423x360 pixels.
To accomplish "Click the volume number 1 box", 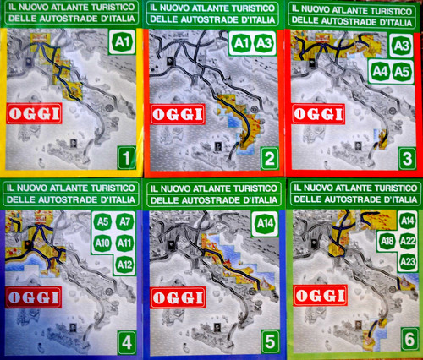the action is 127,158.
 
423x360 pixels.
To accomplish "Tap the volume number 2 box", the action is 270,158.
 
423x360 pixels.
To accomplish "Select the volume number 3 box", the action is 407,159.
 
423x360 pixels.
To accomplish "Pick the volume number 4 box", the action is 127,343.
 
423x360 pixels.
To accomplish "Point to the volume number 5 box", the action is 270,341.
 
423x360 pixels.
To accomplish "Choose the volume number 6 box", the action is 409,339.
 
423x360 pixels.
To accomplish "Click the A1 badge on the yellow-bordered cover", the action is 122,42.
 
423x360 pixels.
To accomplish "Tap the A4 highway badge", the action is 380,72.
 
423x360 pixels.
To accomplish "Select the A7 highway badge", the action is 125,222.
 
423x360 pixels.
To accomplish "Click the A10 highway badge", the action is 102,243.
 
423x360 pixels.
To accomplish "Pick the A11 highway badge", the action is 125,243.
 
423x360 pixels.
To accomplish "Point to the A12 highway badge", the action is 124,265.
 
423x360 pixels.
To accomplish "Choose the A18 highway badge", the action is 387,241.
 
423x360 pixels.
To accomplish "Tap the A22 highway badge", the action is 408,241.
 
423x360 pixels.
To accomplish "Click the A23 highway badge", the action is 408,262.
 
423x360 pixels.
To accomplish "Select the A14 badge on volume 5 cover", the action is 266,224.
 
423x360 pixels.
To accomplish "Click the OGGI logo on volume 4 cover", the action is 34,297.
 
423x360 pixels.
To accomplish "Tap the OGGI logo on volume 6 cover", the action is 321,296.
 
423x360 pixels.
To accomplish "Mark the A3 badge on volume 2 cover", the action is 264,43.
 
